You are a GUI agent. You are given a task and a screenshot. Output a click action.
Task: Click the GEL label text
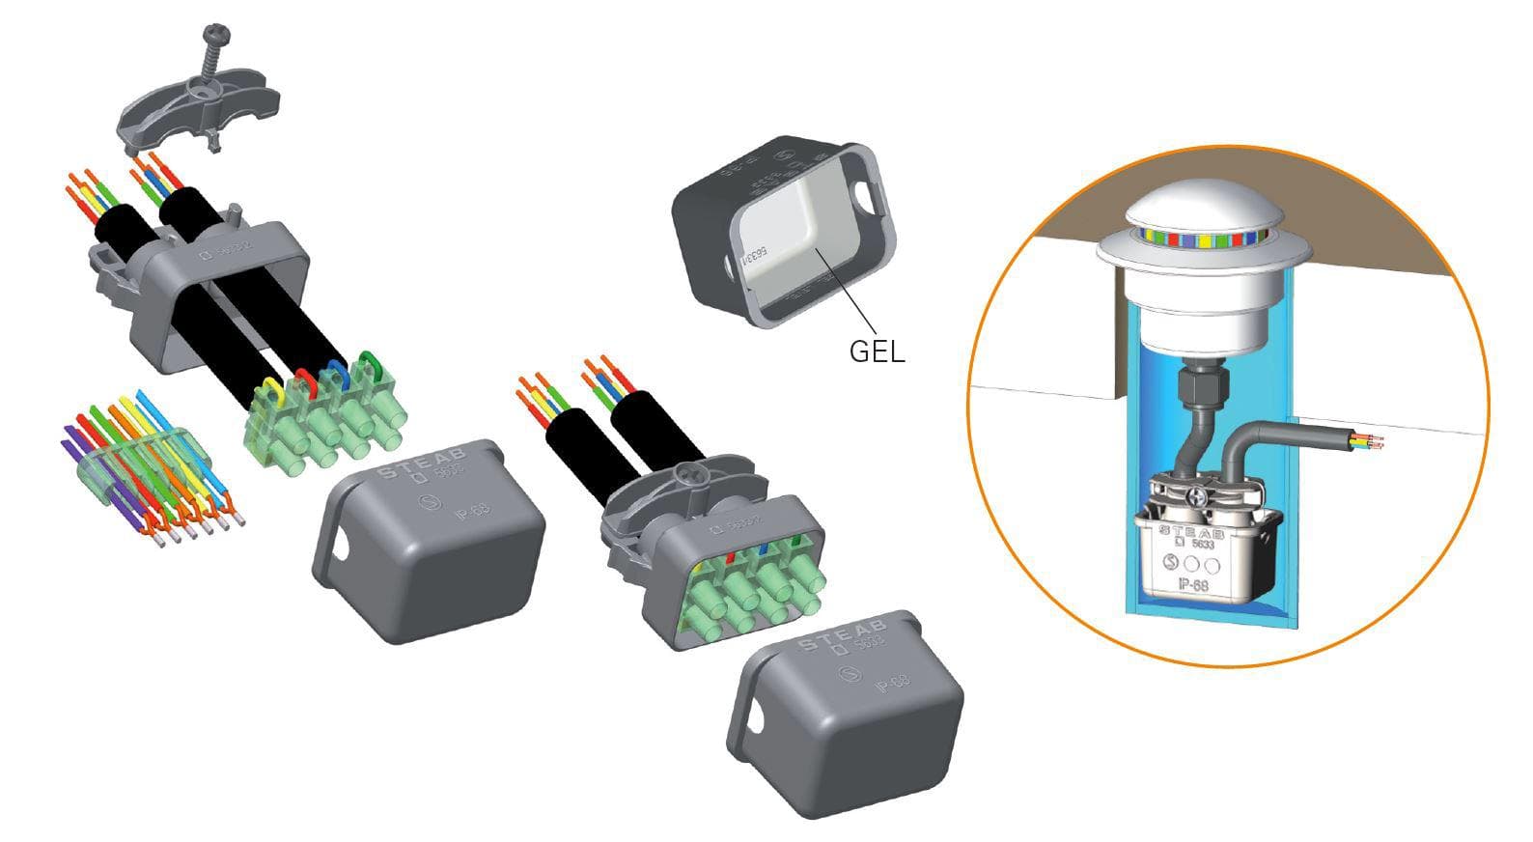point(877,351)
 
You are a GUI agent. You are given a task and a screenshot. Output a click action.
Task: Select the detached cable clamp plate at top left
point(197,106)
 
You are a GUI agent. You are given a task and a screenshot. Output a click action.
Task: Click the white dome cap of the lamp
point(1201,207)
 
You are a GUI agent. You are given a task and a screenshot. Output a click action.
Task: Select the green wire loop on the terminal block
point(368,365)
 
